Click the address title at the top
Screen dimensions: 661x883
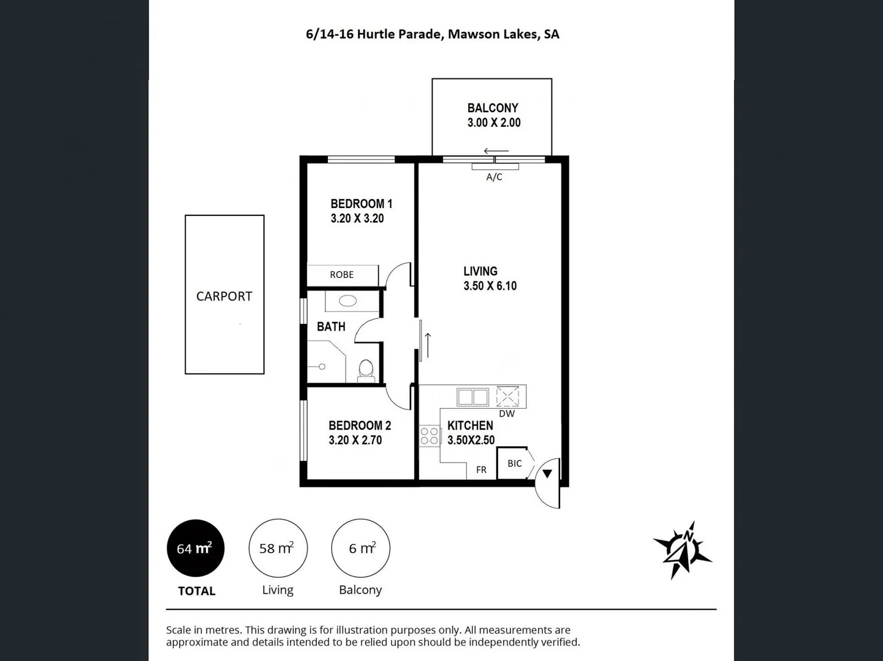coord(432,34)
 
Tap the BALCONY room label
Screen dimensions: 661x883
coord(493,108)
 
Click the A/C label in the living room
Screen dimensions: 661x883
coord(494,177)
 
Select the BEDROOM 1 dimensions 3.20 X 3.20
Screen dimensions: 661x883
coord(357,218)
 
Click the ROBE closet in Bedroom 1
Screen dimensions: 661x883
coord(342,275)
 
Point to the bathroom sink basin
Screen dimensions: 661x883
coord(348,301)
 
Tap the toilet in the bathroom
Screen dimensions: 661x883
coord(366,369)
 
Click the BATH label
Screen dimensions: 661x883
coord(331,327)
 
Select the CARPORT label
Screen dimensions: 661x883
coord(224,296)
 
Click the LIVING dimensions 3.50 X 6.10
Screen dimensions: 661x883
coord(490,286)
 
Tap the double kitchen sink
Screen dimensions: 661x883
coord(472,397)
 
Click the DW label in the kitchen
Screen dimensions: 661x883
coord(507,414)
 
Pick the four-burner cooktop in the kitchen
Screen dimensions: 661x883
coord(429,436)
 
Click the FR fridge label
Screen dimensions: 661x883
coord(481,469)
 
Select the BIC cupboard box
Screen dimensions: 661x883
coord(514,463)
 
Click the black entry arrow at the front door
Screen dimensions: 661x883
coord(547,473)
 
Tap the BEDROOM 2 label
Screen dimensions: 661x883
coord(360,425)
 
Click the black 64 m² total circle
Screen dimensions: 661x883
coord(195,548)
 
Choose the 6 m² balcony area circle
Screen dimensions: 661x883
coord(360,548)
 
